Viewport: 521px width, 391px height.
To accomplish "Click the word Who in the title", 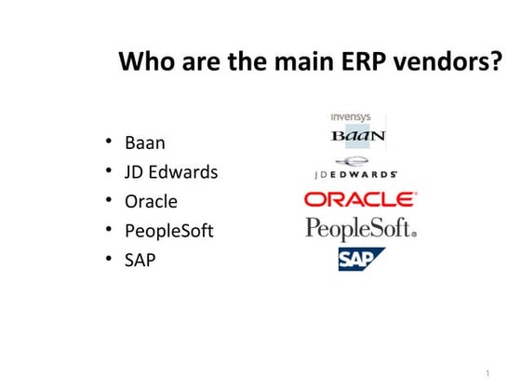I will (x=145, y=62).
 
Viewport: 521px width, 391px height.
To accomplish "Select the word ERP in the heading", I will (x=360, y=62).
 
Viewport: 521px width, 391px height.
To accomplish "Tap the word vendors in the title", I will (x=443, y=62).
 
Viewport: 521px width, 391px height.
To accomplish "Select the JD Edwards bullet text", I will (x=171, y=172).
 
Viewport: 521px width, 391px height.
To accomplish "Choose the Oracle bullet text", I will (x=151, y=201).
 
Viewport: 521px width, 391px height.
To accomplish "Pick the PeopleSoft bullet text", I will (x=168, y=230).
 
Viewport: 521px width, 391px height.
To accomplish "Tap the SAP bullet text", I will (x=140, y=259).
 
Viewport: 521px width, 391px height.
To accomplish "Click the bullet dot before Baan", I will (x=109, y=142).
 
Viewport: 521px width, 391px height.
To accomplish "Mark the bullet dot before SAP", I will (x=109, y=258).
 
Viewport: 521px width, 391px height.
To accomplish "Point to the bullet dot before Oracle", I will (x=109, y=200).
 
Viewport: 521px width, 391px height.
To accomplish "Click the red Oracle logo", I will (x=361, y=199).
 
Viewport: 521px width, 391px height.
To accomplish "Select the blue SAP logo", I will (x=361, y=259).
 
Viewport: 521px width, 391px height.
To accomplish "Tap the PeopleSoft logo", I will (x=361, y=229).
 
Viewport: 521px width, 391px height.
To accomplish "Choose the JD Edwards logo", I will (x=355, y=169).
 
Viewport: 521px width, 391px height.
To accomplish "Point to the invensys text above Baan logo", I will (x=351, y=117).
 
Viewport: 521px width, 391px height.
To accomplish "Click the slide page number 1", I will (x=487, y=372).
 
